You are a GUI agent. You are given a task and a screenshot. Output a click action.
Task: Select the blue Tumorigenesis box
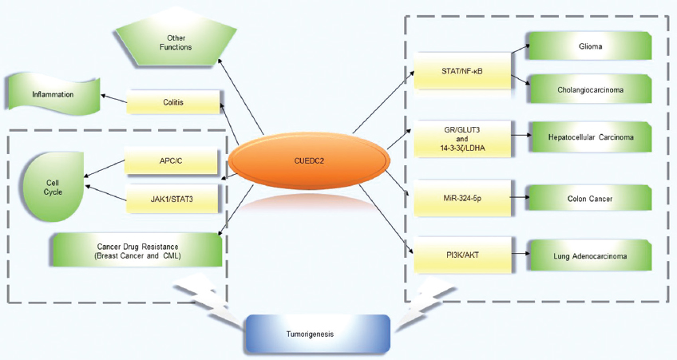tap(317, 334)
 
